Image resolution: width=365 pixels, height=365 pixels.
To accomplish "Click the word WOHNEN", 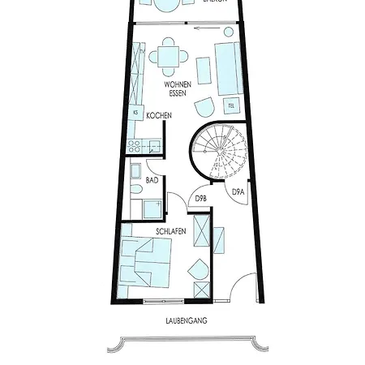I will coord(178,84).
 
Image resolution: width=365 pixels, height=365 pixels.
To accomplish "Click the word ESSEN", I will coord(178,93).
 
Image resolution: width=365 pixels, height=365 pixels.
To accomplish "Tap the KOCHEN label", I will coord(158,116).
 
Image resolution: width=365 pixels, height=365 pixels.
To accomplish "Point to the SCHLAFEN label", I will coord(171,231).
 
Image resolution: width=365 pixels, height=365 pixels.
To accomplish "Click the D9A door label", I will coord(238,192).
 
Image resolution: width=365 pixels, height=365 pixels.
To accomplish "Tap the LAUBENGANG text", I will coord(186,321).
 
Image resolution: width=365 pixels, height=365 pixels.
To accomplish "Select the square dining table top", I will coord(169,57).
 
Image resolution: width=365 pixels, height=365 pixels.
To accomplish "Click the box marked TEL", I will coord(231,105).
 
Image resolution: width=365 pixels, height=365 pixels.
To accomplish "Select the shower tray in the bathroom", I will coord(152,209).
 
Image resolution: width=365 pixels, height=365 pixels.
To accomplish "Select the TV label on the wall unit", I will coord(143,51).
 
